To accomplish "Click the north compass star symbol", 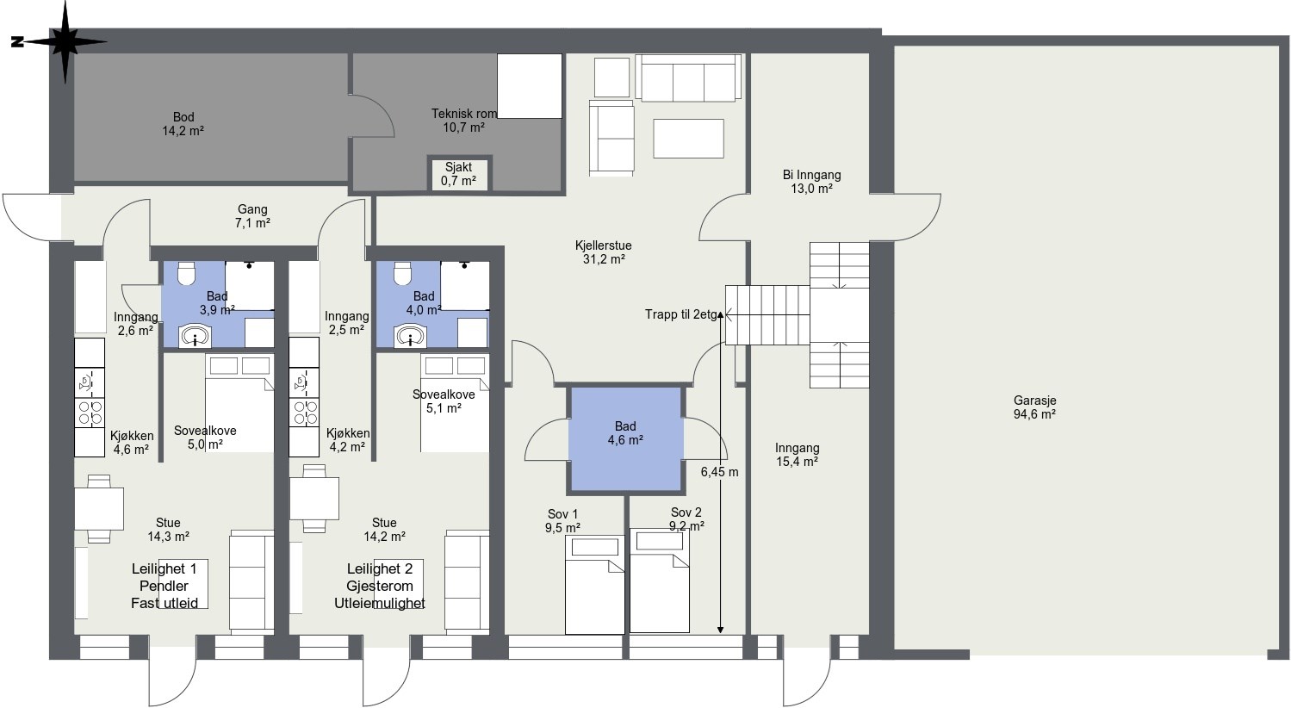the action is (65, 41).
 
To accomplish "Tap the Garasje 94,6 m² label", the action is (1034, 407).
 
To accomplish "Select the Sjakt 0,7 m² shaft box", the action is (459, 174).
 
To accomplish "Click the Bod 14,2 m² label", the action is (183, 124).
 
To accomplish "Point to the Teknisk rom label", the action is (464, 114).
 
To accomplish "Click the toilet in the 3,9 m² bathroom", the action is (187, 274).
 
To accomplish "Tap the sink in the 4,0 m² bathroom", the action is (410, 336).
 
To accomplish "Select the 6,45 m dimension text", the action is (719, 472).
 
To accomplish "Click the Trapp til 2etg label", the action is (681, 314).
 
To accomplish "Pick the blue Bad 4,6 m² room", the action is (626, 440).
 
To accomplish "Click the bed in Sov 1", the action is (594, 585).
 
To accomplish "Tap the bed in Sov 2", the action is (660, 581).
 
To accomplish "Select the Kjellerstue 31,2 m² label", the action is (604, 252).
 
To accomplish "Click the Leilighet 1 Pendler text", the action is (164, 578).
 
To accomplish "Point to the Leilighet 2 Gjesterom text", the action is (380, 578).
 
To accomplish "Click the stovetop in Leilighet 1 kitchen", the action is (90, 413).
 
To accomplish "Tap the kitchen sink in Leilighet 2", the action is (304, 382).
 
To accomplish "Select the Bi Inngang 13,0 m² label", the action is (811, 182).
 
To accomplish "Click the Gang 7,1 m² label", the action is (252, 216).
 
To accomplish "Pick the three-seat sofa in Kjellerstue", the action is (688, 78).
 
